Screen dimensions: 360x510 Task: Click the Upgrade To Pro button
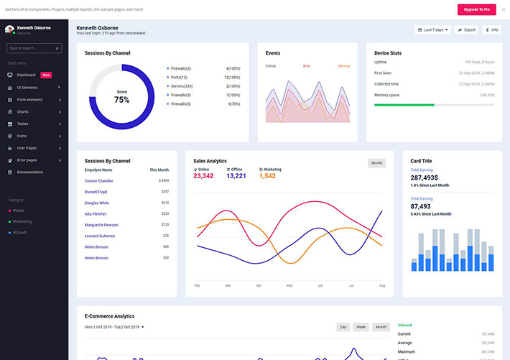coord(476,9)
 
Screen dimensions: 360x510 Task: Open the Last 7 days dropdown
coord(433,30)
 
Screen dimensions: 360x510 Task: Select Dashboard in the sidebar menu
coord(26,75)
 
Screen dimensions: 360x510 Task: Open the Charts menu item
coord(23,111)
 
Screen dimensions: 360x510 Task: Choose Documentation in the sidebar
coord(30,172)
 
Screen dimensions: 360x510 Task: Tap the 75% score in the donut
coord(121,99)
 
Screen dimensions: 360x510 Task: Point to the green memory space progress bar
coord(404,105)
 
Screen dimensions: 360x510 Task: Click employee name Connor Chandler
coord(99,181)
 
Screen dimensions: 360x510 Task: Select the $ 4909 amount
coord(164,181)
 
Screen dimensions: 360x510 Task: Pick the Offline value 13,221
coord(236,176)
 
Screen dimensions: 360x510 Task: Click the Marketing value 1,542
coord(267,176)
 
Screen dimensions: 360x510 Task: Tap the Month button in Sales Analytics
coord(376,163)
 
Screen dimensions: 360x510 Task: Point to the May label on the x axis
coord(289,286)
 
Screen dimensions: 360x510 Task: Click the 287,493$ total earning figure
coord(425,177)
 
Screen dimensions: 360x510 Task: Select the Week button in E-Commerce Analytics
coord(361,327)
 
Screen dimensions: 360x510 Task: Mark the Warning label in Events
coord(343,66)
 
